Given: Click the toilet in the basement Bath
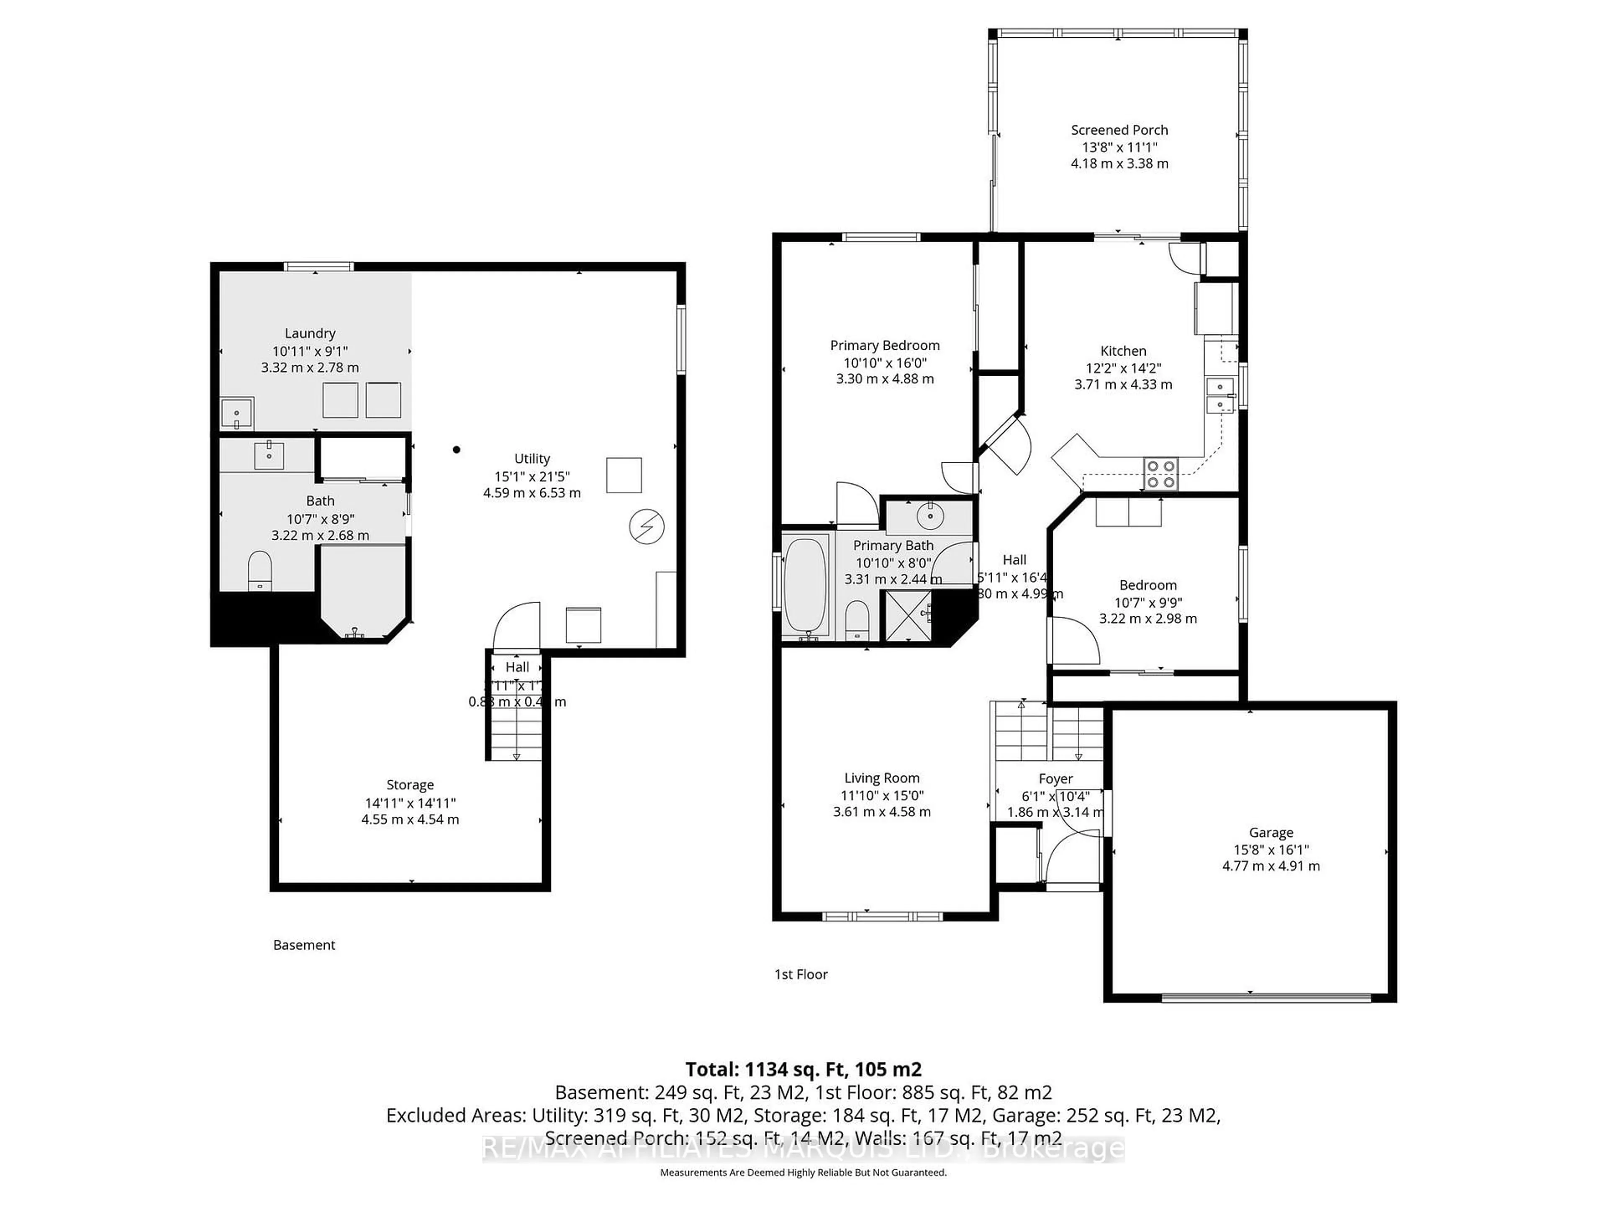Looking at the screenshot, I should (259, 571).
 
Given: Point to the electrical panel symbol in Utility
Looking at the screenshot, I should (646, 527).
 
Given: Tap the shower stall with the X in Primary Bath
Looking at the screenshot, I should (907, 616).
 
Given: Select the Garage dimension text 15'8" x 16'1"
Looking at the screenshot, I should (1271, 849).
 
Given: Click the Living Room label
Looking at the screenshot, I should (881, 778).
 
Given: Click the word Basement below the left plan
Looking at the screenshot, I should (304, 945).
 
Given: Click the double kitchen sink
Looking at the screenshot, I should (1220, 395).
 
